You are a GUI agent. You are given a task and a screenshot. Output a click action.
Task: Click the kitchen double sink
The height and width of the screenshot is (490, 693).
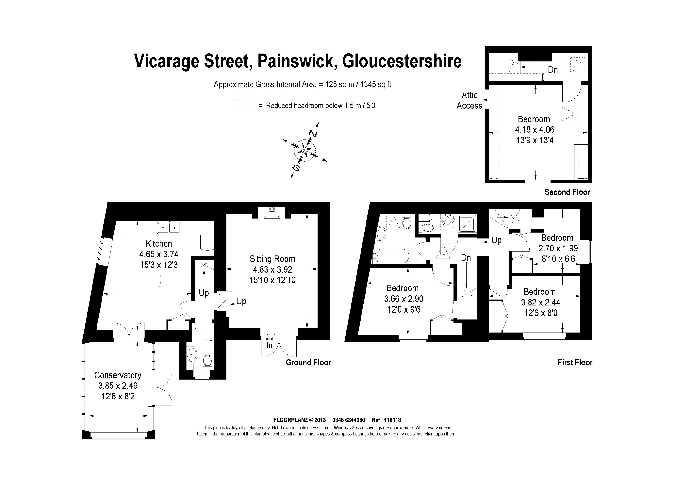[169, 228]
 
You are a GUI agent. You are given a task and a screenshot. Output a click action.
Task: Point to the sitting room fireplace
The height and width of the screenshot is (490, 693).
[272, 213]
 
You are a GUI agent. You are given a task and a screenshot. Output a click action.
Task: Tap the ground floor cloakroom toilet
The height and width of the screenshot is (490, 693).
[207, 361]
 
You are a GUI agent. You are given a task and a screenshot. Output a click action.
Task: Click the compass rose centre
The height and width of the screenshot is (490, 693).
[305, 150]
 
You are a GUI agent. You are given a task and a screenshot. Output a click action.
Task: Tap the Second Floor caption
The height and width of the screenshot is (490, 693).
[567, 192]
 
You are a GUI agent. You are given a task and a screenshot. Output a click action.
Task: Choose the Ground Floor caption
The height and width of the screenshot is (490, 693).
[308, 362]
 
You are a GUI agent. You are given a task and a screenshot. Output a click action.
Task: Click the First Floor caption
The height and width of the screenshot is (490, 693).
[575, 362]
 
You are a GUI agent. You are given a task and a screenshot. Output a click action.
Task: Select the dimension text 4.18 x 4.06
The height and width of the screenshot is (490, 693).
[535, 130]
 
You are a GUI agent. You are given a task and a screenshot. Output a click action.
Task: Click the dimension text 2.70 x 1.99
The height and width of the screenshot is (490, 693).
[558, 248]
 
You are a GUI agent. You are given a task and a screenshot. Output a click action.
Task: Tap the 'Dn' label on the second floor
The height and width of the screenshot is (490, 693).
[553, 70]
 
